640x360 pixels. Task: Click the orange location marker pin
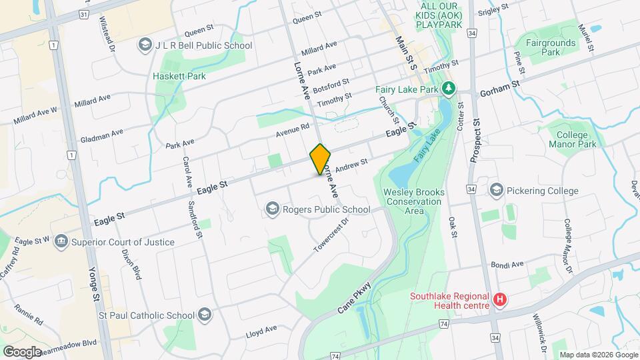321,159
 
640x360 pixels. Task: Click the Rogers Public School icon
271,210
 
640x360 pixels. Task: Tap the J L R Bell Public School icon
144,45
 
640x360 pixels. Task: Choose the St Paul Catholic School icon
204,314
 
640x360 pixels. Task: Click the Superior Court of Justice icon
61,241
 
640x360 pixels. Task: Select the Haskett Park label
179,76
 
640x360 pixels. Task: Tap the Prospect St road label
477,141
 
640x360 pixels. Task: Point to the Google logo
22,351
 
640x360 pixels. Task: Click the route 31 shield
82,14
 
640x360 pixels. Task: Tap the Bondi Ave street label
507,265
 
